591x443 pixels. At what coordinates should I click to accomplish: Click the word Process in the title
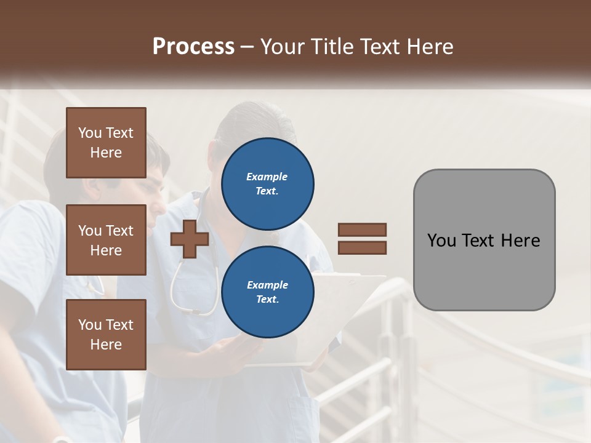pyautogui.click(x=193, y=47)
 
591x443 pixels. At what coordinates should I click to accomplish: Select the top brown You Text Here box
pyautogui.click(x=106, y=143)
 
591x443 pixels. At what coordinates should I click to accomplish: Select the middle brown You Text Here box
pyautogui.click(x=106, y=240)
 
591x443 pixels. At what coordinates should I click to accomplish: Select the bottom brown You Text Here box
pyautogui.click(x=106, y=334)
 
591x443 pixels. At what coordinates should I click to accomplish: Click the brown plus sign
pyautogui.click(x=190, y=239)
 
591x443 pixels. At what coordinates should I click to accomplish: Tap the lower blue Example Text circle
pyautogui.click(x=267, y=292)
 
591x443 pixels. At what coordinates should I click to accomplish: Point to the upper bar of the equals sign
pyautogui.click(x=362, y=229)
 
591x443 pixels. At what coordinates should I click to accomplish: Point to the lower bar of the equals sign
pyautogui.click(x=362, y=248)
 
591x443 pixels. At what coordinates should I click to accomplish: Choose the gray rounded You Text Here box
pyautogui.click(x=484, y=240)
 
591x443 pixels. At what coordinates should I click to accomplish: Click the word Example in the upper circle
pyautogui.click(x=267, y=177)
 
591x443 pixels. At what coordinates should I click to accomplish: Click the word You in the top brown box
pyautogui.click(x=90, y=133)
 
